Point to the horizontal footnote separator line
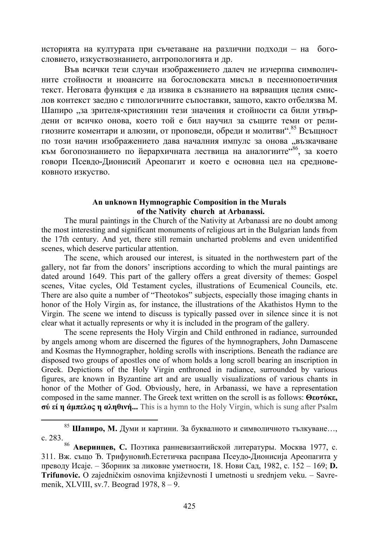coord(99,419)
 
